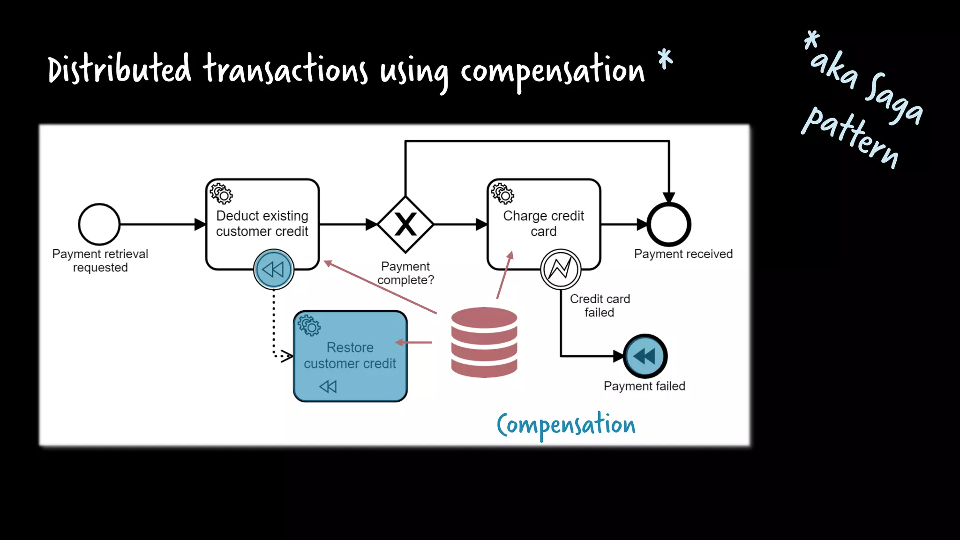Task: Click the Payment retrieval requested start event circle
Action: pyautogui.click(x=99, y=224)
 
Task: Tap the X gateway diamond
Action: pyautogui.click(x=405, y=225)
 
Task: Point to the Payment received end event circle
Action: pyautogui.click(x=669, y=225)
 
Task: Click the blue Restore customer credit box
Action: pyautogui.click(x=350, y=356)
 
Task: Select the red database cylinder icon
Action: pyautogui.click(x=484, y=342)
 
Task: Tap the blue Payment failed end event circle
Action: pyautogui.click(x=645, y=356)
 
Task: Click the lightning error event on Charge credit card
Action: pyautogui.click(x=561, y=269)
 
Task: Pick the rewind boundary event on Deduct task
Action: pyautogui.click(x=274, y=270)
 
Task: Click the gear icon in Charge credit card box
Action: pyautogui.click(x=502, y=194)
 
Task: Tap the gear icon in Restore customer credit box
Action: pyautogui.click(x=309, y=325)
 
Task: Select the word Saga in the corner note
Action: pyautogui.click(x=893, y=99)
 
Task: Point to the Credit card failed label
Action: pyautogui.click(x=600, y=306)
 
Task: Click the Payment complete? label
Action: pyautogui.click(x=405, y=273)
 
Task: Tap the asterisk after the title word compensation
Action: pyautogui.click(x=665, y=60)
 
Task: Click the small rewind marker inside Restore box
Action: pyautogui.click(x=328, y=386)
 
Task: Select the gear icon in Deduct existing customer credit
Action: pyautogui.click(x=221, y=194)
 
